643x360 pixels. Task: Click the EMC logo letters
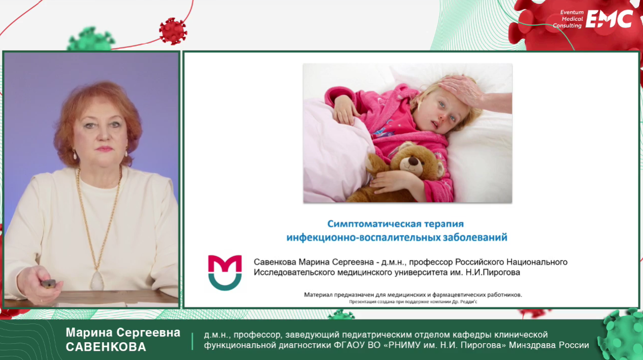609,19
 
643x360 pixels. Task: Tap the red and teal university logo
225,273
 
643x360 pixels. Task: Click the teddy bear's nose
413,161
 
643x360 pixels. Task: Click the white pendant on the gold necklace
97,280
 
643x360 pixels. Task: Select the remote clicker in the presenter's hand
48,283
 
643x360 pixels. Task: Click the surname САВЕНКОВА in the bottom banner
106,347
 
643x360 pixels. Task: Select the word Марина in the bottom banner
89,333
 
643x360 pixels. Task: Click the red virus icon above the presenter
173,31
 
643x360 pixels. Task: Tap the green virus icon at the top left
91,39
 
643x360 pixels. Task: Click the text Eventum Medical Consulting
568,19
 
